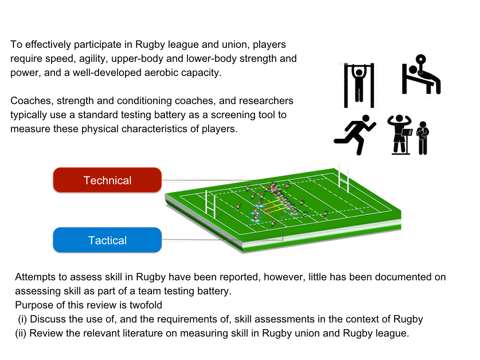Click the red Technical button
107,180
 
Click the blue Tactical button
107,240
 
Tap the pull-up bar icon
359,84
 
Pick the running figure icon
356,134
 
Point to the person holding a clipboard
423,138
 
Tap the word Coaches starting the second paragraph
28,101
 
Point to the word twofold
143,305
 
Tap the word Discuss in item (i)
47,320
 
